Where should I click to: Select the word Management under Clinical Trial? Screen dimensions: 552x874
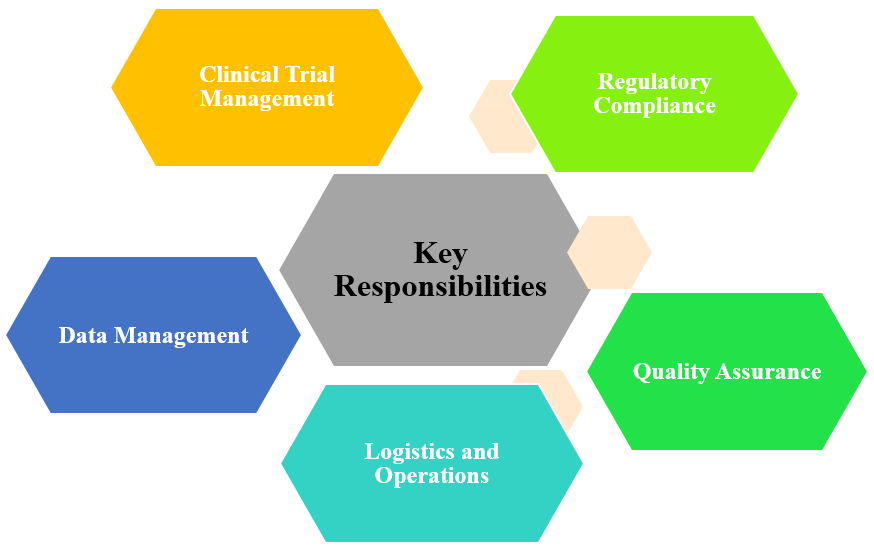coord(266,99)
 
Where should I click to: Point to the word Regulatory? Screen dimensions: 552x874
coord(654,82)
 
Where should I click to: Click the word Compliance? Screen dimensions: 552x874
coord(654,106)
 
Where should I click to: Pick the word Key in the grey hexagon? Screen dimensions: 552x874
coord(440,253)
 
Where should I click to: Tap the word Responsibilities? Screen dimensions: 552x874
coord(440,287)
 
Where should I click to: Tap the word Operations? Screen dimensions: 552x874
coord(431,476)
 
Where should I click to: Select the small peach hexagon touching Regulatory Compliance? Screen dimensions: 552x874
coord(493,116)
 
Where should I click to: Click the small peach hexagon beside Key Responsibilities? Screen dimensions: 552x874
coord(611,252)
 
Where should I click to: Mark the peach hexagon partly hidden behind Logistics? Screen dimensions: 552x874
coord(560,395)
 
